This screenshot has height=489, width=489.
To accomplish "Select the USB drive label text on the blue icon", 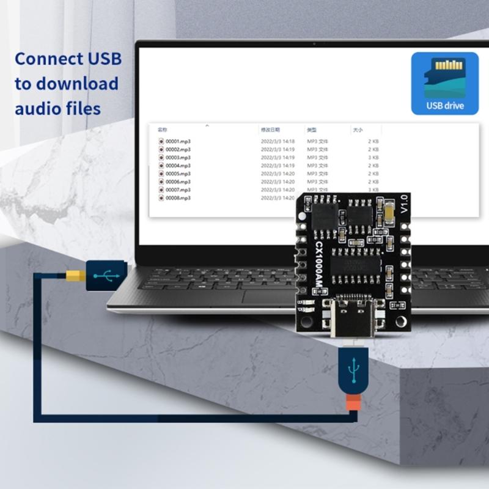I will point(444,106).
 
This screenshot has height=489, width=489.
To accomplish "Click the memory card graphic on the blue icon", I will point(444,76).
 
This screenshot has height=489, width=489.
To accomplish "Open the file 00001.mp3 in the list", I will point(178,141).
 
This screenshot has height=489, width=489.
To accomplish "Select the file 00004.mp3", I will point(178,166).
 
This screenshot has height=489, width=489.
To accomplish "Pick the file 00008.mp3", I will point(178,198).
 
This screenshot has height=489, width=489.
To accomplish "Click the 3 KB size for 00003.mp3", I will point(373,158).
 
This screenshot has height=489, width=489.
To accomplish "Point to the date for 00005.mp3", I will point(278,174).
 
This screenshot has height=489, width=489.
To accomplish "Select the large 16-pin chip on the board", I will point(355,265).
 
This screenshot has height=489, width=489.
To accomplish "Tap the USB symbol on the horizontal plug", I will point(106,276).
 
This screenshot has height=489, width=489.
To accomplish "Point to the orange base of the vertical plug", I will point(353,403).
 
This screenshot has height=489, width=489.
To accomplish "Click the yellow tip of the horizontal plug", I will point(75,276).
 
